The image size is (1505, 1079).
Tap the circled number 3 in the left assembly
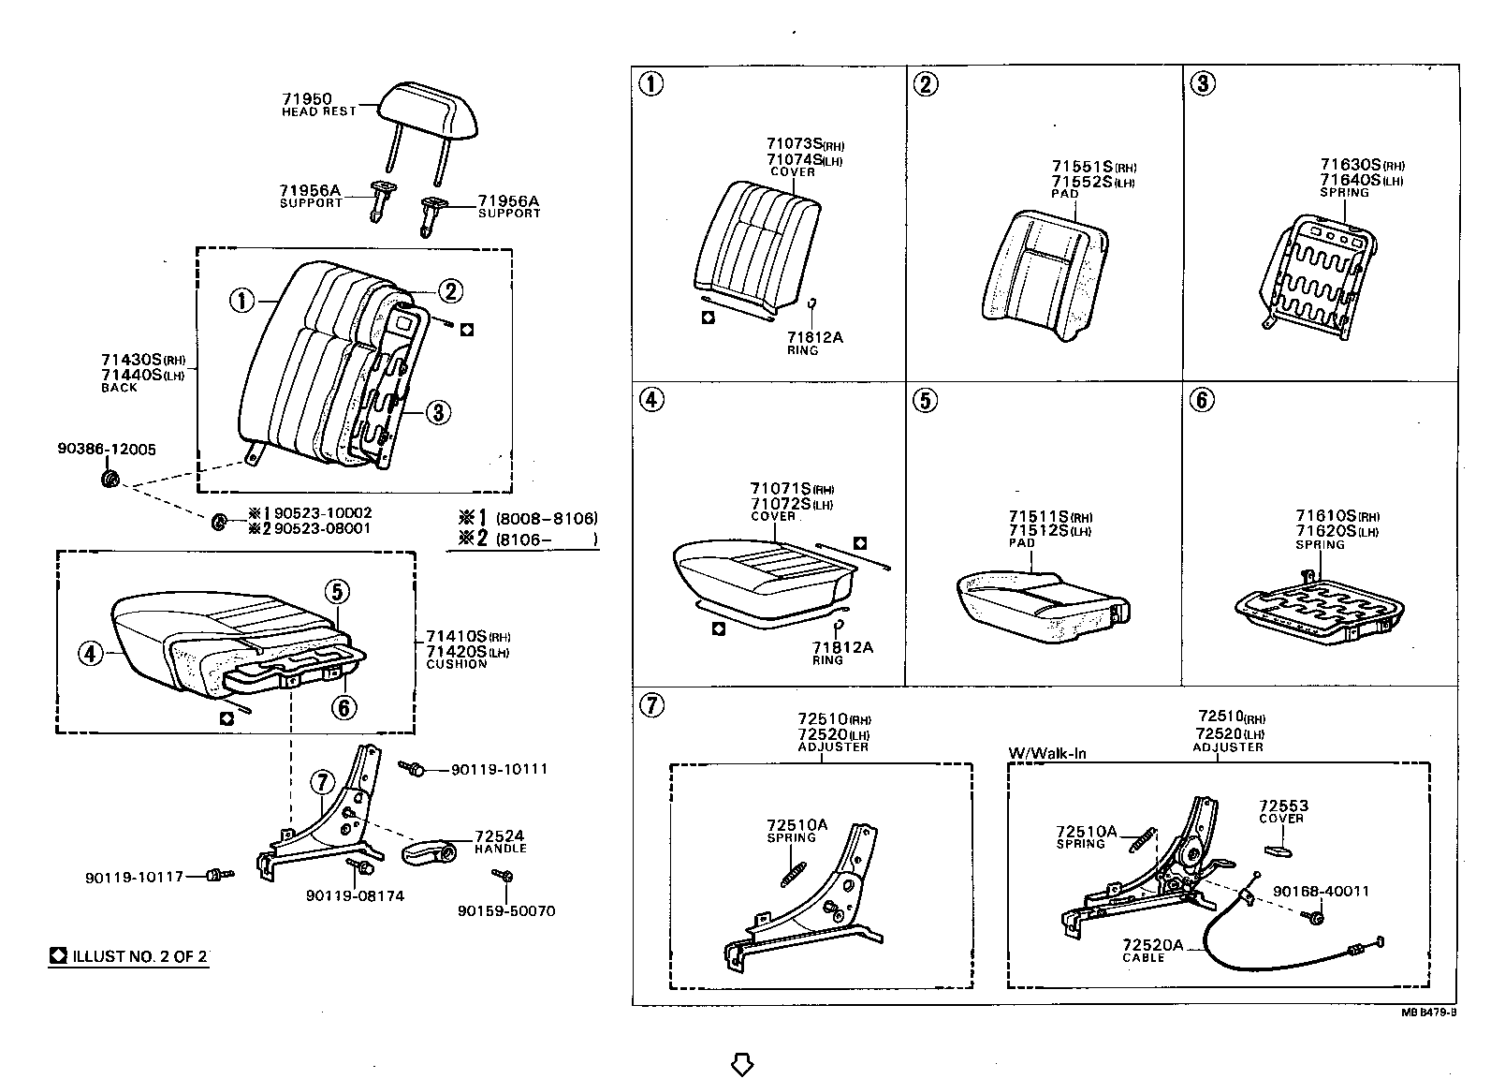pyautogui.click(x=438, y=411)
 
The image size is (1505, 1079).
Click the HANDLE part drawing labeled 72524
pyautogui.click(x=429, y=852)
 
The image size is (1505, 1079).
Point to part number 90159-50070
pyautogui.click(x=505, y=910)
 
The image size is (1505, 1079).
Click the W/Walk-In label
pyautogui.click(x=1046, y=753)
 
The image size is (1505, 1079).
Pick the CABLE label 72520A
pyautogui.click(x=1151, y=947)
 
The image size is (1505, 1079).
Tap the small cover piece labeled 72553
pyautogui.click(x=1279, y=850)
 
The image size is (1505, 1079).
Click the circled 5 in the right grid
pyautogui.click(x=925, y=401)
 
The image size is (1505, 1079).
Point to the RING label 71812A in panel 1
pyautogui.click(x=814, y=338)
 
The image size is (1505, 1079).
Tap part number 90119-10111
pyautogui.click(x=499, y=769)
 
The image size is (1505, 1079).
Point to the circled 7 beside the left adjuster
pyautogui.click(x=321, y=782)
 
